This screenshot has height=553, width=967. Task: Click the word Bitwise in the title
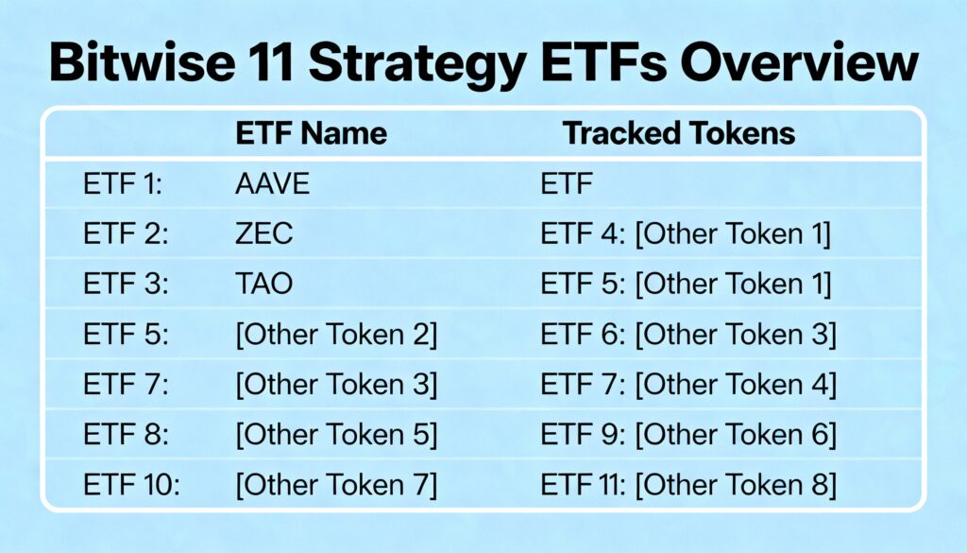pyautogui.click(x=142, y=62)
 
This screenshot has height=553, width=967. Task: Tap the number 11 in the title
pyautogui.click(x=270, y=62)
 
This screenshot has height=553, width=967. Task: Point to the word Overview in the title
pyautogui.click(x=799, y=62)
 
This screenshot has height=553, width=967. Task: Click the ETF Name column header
pyautogui.click(x=312, y=133)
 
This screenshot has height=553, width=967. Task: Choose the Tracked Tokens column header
pyautogui.click(x=679, y=133)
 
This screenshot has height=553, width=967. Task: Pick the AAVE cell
pyautogui.click(x=273, y=184)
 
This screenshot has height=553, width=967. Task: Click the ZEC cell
pyautogui.click(x=264, y=233)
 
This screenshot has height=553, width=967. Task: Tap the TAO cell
pyautogui.click(x=264, y=284)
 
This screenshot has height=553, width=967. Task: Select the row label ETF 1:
pyautogui.click(x=123, y=184)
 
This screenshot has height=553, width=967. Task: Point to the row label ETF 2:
pyautogui.click(x=126, y=233)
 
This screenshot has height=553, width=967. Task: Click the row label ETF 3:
pyautogui.click(x=126, y=284)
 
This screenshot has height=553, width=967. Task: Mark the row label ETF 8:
pyautogui.click(x=126, y=435)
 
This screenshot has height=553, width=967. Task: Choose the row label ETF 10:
pyautogui.click(x=131, y=485)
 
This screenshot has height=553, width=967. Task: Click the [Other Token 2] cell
pyautogui.click(x=337, y=335)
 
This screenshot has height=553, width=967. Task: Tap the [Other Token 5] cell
pyautogui.click(x=337, y=435)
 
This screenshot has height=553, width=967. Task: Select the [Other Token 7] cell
pyautogui.click(x=337, y=485)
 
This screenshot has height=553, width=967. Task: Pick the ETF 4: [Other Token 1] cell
pyautogui.click(x=686, y=233)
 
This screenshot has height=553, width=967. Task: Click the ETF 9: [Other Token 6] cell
pyautogui.click(x=688, y=435)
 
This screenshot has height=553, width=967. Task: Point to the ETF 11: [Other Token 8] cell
pyautogui.click(x=688, y=485)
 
